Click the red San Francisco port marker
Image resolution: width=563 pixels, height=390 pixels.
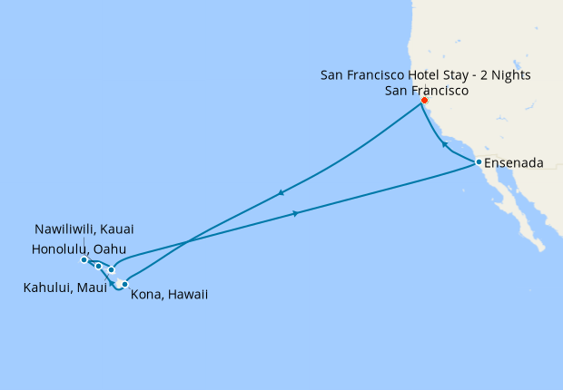[x=424, y=101]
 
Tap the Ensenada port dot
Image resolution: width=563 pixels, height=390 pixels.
[x=479, y=162]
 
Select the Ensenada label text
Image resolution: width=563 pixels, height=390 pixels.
[x=514, y=163]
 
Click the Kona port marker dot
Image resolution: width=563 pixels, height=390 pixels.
[x=125, y=284]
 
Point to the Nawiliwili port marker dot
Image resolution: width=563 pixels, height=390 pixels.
[x=84, y=260]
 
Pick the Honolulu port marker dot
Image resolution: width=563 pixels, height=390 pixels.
[x=98, y=266]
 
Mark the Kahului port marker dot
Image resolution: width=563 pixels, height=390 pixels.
[x=111, y=269]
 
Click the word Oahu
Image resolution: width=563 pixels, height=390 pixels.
[x=109, y=249]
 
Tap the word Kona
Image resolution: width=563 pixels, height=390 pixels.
[x=148, y=294]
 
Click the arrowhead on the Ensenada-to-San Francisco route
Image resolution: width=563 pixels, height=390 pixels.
[x=443, y=144]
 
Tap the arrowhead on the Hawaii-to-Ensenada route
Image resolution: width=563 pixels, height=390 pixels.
[x=296, y=213]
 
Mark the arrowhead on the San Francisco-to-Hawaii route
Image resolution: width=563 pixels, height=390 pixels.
[x=281, y=192]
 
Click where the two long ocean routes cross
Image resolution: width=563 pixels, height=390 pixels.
[x=186, y=243]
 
